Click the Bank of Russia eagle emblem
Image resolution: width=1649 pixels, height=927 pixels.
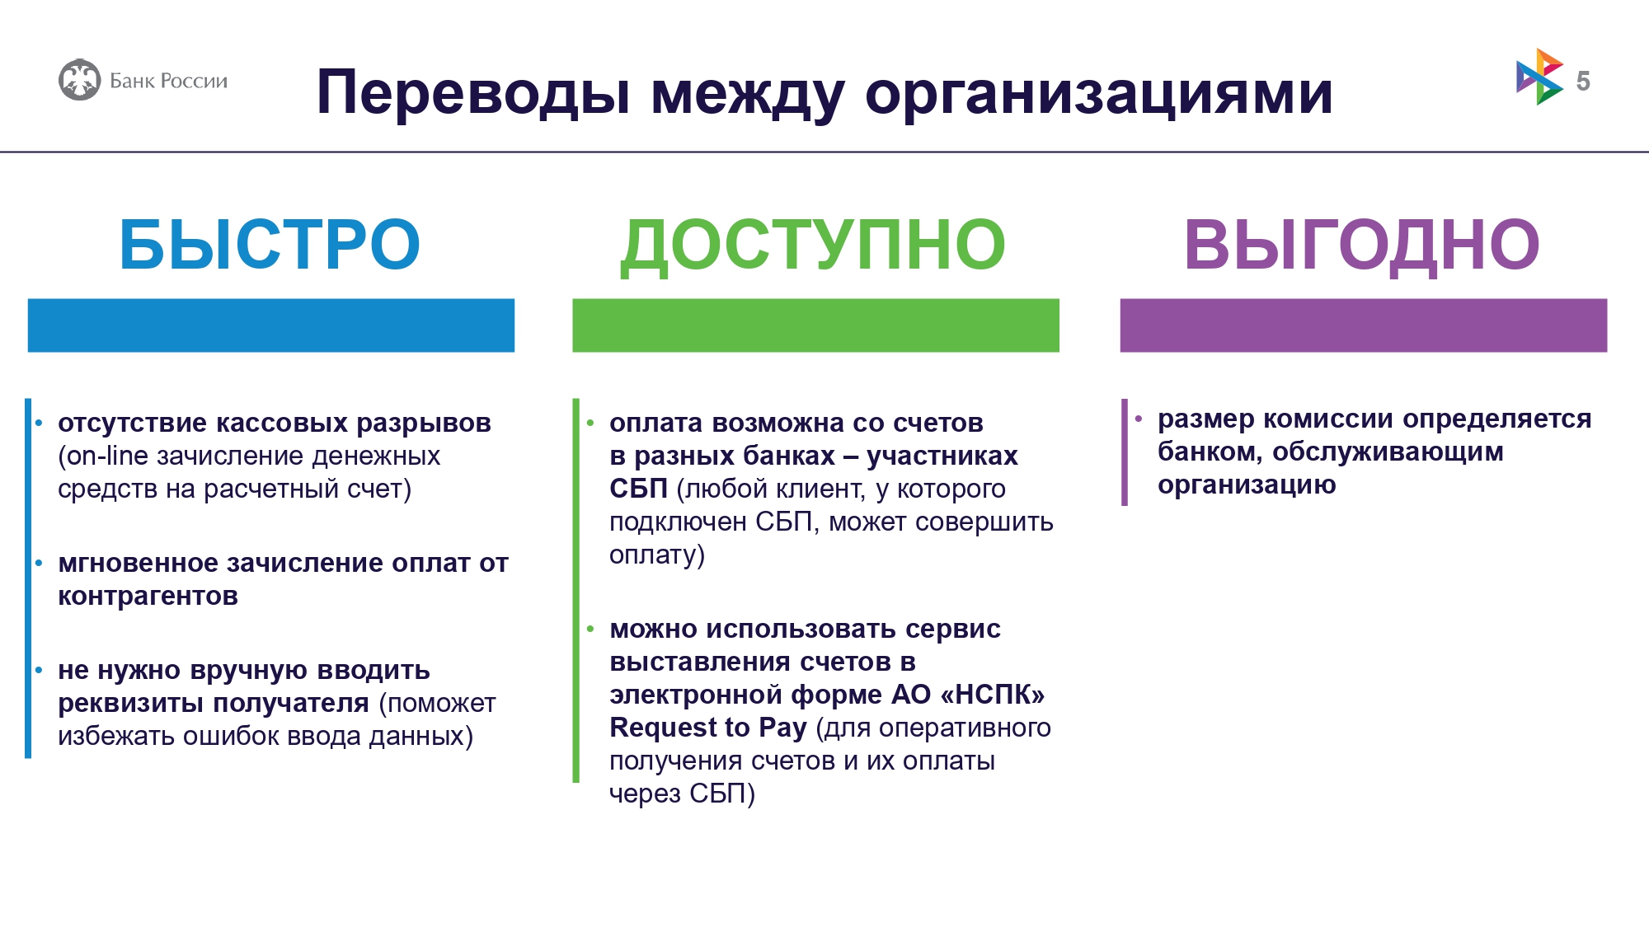click(80, 80)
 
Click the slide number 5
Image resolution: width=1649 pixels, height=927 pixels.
click(1583, 81)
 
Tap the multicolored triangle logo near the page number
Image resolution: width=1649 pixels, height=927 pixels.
click(1539, 77)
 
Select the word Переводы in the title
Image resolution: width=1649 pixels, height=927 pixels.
click(474, 93)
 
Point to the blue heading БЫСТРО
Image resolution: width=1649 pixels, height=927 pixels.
click(270, 244)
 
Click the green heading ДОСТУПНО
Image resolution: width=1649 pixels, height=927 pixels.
click(813, 246)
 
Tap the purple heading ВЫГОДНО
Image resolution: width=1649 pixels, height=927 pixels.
click(1361, 246)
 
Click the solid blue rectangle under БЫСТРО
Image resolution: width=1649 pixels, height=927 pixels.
click(271, 325)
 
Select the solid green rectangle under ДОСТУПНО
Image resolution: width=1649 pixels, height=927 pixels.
click(815, 325)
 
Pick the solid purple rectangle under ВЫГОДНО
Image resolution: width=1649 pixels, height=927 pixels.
click(1363, 325)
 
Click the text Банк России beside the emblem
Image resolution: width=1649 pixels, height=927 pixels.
click(168, 81)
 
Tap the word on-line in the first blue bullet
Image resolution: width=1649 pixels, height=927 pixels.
click(108, 456)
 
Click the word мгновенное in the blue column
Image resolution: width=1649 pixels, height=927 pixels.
click(139, 563)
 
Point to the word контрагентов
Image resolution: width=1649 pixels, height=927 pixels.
click(148, 597)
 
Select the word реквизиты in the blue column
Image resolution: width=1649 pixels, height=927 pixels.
click(130, 704)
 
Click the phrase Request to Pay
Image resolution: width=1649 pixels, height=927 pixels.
click(707, 728)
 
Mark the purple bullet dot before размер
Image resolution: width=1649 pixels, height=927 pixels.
click(1138, 419)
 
